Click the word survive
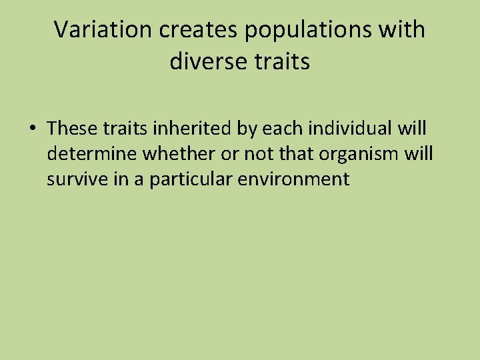point(73,179)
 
